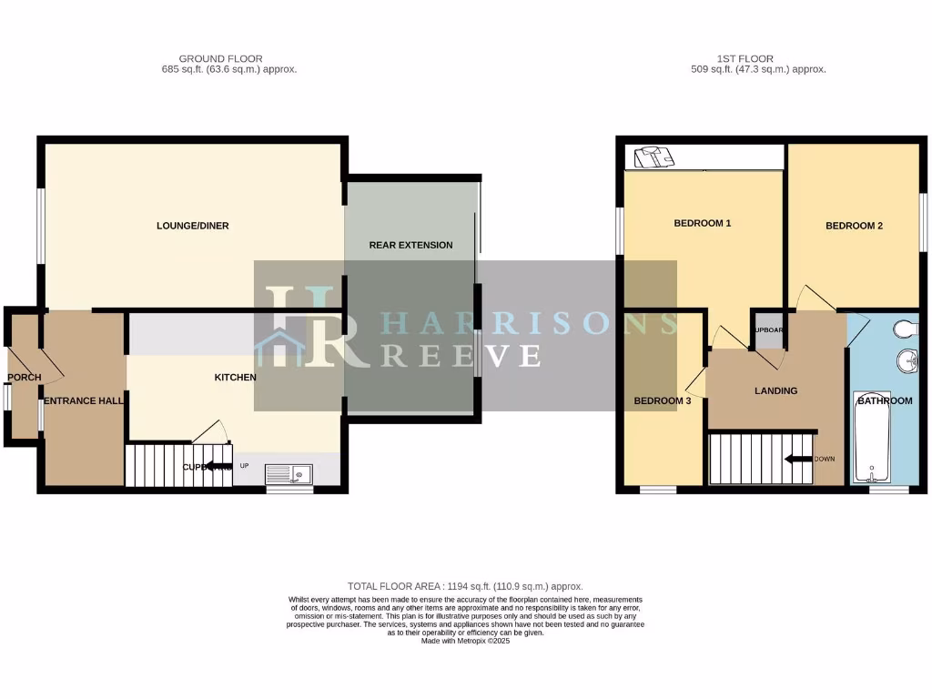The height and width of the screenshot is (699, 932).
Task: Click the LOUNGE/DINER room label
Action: click(x=192, y=226)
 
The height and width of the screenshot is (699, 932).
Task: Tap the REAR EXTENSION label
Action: click(x=410, y=245)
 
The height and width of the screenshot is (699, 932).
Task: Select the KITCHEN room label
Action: click(x=235, y=377)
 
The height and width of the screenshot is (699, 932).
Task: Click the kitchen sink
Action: click(x=289, y=473)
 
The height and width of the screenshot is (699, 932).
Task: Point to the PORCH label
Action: click(x=24, y=378)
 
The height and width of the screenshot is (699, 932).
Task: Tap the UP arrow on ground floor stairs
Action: click(x=218, y=466)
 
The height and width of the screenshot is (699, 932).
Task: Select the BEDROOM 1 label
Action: click(x=703, y=223)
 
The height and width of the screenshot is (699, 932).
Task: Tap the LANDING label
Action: click(x=775, y=390)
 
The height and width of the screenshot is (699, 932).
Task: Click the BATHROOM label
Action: click(x=883, y=400)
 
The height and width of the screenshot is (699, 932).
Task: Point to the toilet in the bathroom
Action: click(x=903, y=329)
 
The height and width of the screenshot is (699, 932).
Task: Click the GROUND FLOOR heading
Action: click(x=208, y=59)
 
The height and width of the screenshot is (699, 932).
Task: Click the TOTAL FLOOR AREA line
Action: click(x=465, y=586)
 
